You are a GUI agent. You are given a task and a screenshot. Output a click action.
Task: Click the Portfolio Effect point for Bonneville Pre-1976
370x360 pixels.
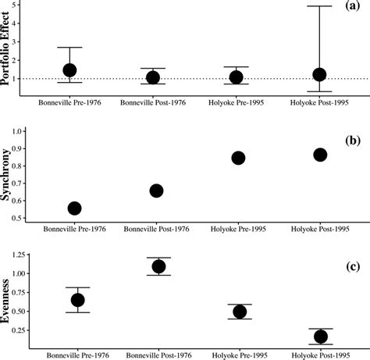click(69, 70)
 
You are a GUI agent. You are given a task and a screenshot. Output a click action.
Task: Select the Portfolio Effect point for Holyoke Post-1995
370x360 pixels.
click(319, 75)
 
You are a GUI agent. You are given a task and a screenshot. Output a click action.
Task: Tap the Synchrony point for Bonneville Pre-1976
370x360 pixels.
click(75, 209)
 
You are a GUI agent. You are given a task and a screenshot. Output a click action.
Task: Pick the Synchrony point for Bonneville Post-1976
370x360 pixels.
click(156, 191)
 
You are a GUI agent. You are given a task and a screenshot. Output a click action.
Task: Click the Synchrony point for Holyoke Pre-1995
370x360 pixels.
click(238, 158)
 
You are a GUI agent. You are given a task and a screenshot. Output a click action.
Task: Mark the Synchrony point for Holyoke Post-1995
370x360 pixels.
click(319, 155)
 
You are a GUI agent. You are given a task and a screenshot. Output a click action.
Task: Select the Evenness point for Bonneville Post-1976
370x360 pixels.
click(158, 266)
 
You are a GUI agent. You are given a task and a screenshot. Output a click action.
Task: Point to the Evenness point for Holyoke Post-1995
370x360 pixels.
click(320, 337)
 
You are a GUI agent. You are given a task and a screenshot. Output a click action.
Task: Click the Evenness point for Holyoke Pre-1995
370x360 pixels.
click(240, 312)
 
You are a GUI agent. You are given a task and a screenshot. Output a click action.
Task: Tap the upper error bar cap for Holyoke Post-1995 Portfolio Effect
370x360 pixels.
click(319, 6)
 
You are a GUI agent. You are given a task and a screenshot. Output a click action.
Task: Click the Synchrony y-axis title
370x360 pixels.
click(10, 176)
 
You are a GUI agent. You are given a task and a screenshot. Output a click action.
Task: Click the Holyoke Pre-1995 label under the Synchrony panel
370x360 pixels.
click(237, 230)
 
